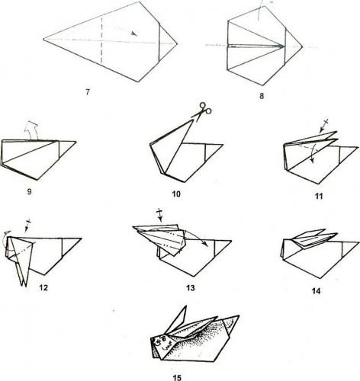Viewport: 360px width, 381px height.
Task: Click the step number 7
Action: point(88,92)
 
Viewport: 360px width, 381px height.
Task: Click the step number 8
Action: point(262,96)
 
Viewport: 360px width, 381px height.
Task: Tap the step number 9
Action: point(30,191)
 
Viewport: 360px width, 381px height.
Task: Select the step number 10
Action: point(176,194)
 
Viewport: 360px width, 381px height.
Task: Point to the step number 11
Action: point(319,196)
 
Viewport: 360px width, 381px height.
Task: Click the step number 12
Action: point(43,287)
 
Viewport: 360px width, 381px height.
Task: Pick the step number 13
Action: point(190,288)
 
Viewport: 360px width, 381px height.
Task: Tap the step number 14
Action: point(316,291)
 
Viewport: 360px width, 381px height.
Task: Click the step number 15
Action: point(177,378)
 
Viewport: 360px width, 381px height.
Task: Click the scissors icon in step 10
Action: point(202,110)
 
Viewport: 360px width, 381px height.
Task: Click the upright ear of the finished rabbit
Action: point(177,319)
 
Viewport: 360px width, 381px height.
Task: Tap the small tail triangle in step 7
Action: point(168,43)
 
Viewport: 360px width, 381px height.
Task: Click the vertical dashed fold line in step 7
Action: point(101,40)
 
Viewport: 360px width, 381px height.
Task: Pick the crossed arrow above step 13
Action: point(159,215)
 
